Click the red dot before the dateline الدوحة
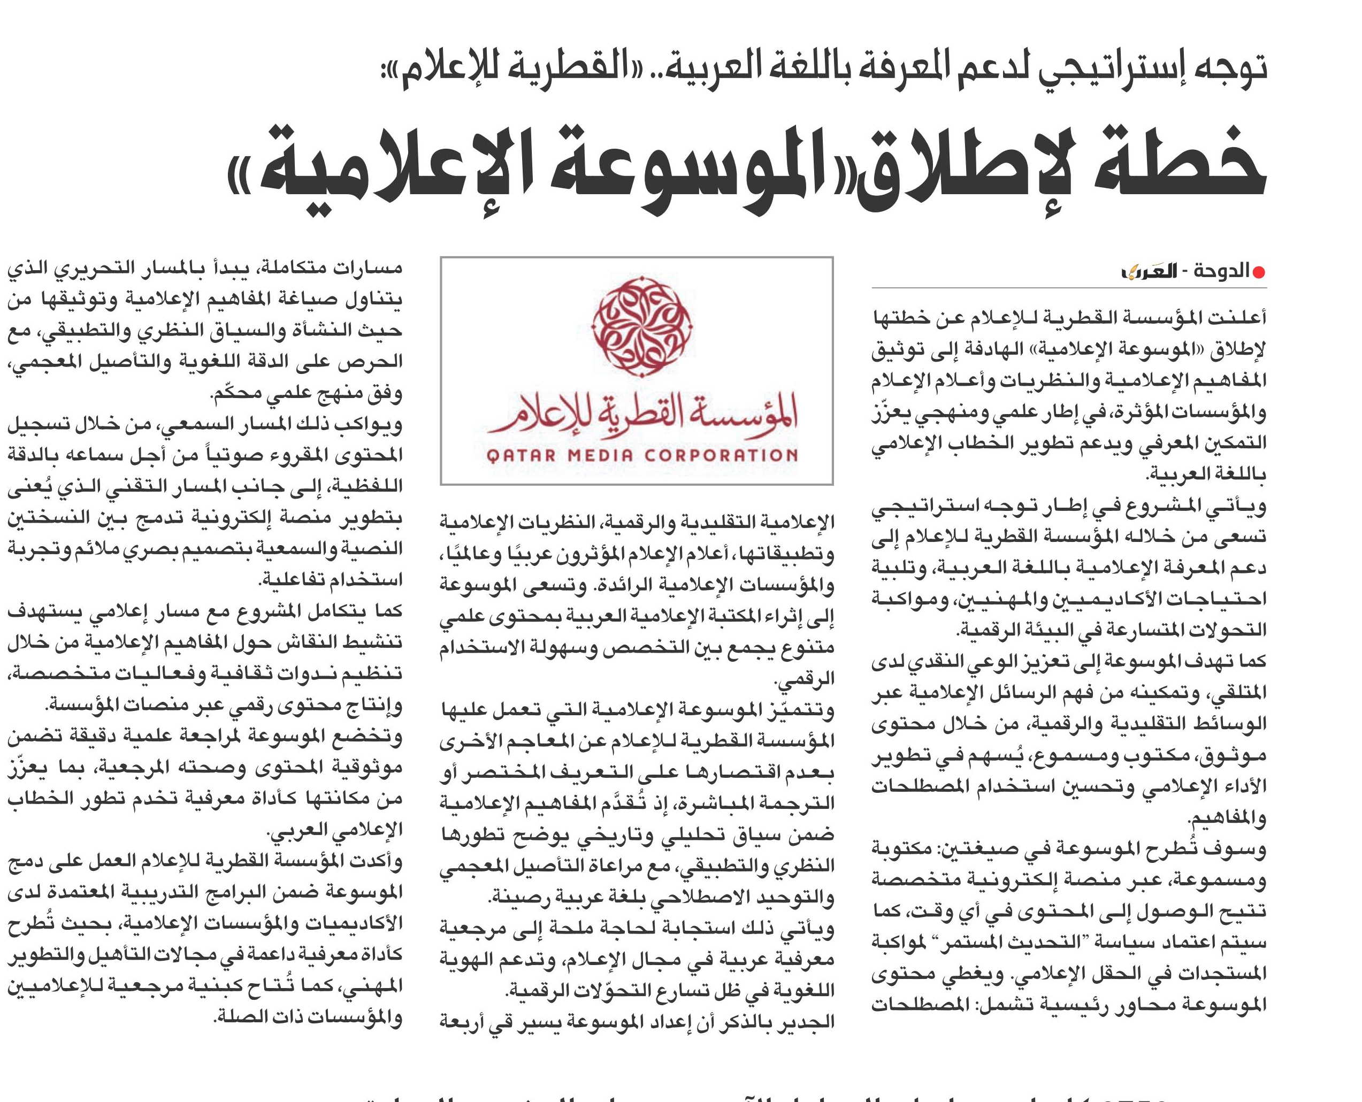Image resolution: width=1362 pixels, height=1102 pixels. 1258,272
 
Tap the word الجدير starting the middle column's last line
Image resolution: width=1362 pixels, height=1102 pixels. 806,1021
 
